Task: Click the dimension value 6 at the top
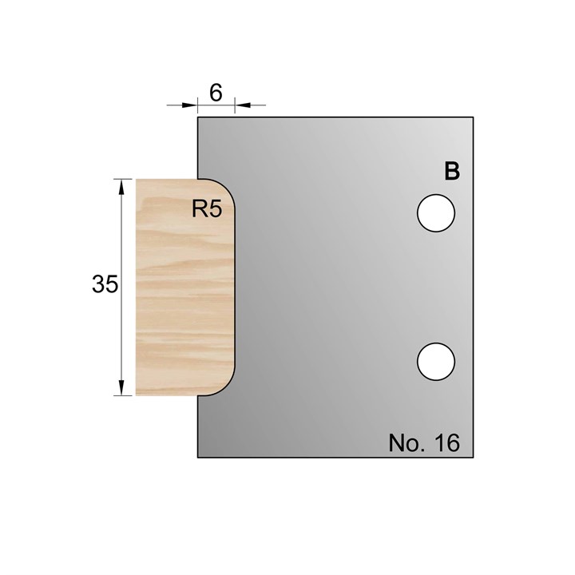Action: click(x=216, y=92)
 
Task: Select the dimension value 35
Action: click(x=105, y=285)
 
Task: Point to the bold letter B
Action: click(x=452, y=172)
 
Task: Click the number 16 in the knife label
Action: click(x=448, y=443)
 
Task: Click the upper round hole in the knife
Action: click(x=436, y=213)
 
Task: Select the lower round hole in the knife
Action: click(x=436, y=361)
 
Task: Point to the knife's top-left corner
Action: click(x=198, y=118)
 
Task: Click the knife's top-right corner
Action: click(x=474, y=118)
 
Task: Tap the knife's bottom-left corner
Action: click(x=198, y=457)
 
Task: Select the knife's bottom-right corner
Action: click(x=474, y=457)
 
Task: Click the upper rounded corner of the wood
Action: click(x=228, y=187)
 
